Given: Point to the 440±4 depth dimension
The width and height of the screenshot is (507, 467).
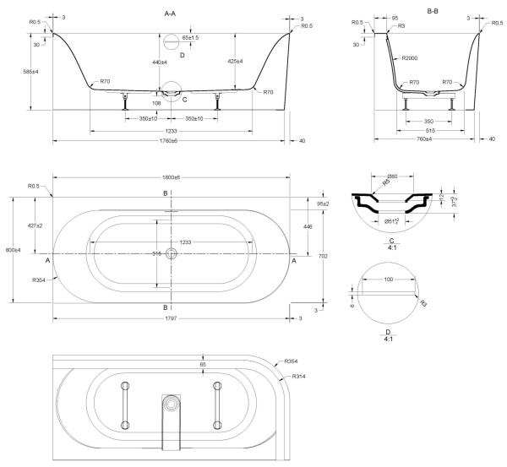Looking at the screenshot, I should [x=160, y=62].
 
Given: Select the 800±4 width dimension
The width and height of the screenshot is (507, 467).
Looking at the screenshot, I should [x=9, y=250].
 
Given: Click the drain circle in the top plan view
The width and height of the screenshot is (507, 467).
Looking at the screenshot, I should [x=172, y=253].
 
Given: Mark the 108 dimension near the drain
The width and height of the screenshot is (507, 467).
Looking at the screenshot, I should [x=156, y=103].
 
